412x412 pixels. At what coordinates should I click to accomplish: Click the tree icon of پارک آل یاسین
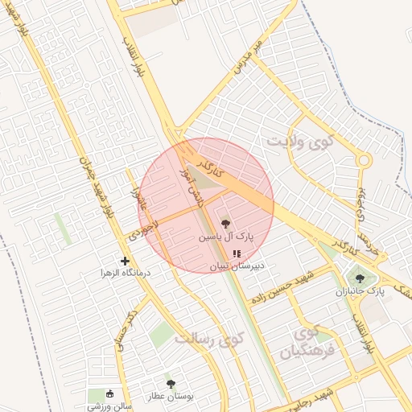(x=224, y=225)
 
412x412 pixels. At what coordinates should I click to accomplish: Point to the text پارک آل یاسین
(x=226, y=238)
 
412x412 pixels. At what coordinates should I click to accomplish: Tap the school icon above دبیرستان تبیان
(x=236, y=253)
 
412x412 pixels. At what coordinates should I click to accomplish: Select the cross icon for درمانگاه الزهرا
(x=125, y=261)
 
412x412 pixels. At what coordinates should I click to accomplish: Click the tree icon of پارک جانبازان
(x=360, y=278)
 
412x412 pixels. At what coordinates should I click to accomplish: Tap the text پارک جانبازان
(x=360, y=290)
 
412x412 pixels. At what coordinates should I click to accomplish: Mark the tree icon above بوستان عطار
(x=170, y=385)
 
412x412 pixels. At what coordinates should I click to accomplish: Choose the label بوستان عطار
(x=167, y=397)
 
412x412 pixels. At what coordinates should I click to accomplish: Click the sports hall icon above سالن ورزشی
(x=110, y=393)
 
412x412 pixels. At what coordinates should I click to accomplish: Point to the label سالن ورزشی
(x=110, y=406)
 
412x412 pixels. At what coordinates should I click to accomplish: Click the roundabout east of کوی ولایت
(x=363, y=161)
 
